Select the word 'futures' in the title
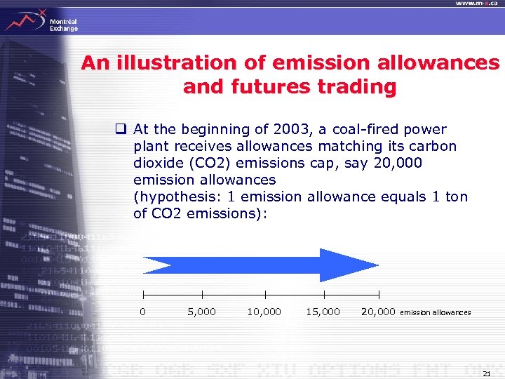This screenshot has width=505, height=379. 264,87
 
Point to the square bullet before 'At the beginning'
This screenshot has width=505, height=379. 121,129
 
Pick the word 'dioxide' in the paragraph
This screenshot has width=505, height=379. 157,163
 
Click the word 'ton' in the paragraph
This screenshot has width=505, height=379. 456,197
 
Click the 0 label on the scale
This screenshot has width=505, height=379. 143,312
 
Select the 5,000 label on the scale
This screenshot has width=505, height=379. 201,312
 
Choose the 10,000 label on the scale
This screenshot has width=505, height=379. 264,312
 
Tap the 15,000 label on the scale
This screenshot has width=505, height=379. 323,312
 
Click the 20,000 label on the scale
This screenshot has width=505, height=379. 378,312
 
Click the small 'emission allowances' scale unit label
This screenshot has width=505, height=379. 435,312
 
